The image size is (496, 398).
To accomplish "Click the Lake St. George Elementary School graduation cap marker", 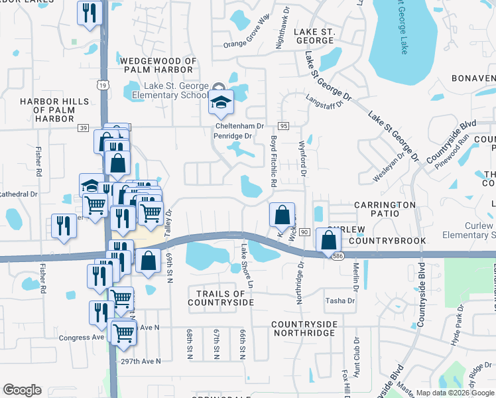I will click(x=221, y=102).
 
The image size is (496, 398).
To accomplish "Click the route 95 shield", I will click(x=283, y=125).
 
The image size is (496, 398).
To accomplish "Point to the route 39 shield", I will click(x=83, y=127).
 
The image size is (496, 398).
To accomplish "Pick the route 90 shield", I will click(x=304, y=232).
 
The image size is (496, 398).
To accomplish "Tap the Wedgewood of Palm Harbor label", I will click(x=159, y=66).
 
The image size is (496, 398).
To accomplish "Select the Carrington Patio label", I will click(x=385, y=210).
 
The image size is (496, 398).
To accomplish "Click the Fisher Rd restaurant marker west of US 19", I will click(x=64, y=226).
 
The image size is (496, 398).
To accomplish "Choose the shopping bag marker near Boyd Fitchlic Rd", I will click(x=282, y=215).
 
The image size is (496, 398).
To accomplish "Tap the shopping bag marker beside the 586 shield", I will click(x=328, y=240).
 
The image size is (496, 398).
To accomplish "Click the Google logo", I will click(x=22, y=390).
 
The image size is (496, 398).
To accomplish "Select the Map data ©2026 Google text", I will click(x=455, y=393).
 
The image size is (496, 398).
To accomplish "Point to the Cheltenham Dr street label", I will click(x=239, y=125).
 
